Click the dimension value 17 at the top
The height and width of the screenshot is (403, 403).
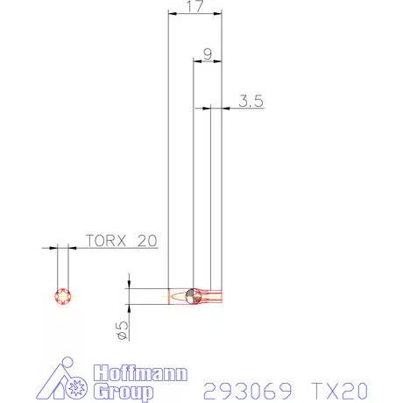click(x=194, y=7)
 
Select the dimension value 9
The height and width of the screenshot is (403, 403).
click(x=207, y=53)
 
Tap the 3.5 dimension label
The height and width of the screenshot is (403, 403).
click(x=251, y=101)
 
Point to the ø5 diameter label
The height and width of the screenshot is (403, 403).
click(x=122, y=330)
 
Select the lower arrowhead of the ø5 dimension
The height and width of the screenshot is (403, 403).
click(x=129, y=308)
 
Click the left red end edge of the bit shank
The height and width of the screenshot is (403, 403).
click(x=168, y=296)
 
